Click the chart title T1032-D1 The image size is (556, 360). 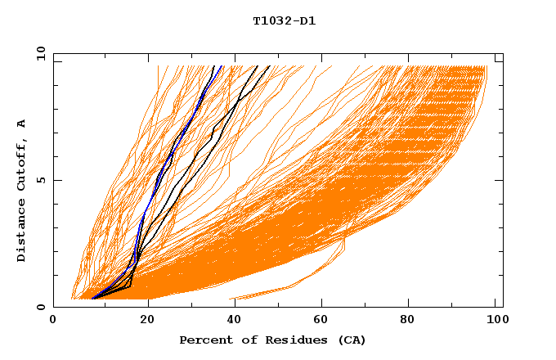[x=284, y=21]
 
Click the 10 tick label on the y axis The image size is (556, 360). [x=40, y=53]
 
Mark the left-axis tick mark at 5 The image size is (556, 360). [x=56, y=180]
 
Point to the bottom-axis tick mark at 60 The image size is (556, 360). [x=322, y=304]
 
